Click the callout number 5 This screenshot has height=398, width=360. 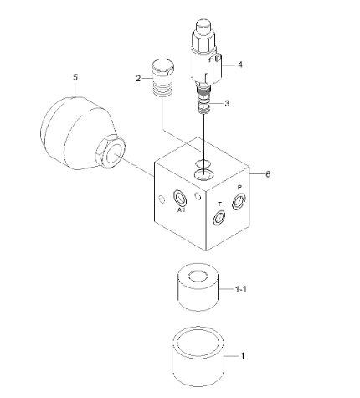click(x=75, y=77)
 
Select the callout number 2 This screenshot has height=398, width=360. click(x=138, y=79)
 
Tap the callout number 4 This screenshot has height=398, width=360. click(x=240, y=65)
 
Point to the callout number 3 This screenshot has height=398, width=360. click(x=227, y=103)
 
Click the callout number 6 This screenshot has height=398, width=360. click(x=268, y=174)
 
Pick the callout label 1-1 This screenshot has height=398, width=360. click(x=241, y=289)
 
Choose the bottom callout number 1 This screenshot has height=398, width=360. click(x=243, y=356)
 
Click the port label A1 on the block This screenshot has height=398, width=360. click(x=182, y=209)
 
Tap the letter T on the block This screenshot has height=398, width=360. click(x=220, y=204)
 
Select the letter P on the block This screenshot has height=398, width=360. click(x=239, y=188)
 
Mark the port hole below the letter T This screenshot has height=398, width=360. click(x=219, y=217)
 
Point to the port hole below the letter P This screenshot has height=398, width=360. click(x=239, y=201)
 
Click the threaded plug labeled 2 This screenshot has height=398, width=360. click(x=162, y=78)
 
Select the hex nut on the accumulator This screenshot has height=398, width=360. click(x=111, y=152)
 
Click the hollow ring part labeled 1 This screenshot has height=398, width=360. click(x=198, y=356)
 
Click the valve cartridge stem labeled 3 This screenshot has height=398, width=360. click(x=204, y=101)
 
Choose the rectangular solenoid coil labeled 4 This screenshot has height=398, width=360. click(x=215, y=70)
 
